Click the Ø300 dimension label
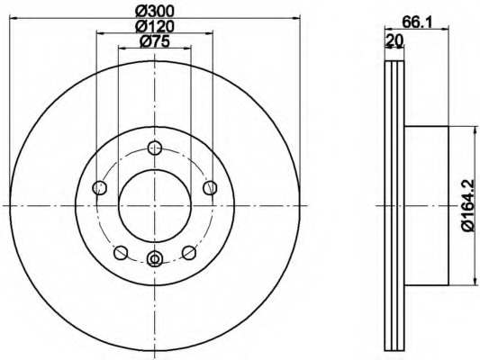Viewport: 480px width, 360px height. click(x=155, y=11)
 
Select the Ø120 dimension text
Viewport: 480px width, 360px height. click(x=155, y=26)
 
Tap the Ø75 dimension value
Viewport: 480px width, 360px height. click(x=155, y=41)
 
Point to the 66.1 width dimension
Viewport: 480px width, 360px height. click(x=417, y=22)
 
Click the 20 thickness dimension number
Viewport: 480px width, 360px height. click(x=395, y=40)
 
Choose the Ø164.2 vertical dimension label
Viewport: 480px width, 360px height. click(x=471, y=206)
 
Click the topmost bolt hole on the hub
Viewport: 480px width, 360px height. click(x=155, y=148)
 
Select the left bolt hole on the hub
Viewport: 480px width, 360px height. click(x=99, y=187)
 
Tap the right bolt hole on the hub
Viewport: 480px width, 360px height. click(x=210, y=187)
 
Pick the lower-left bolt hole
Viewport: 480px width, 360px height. click(x=121, y=253)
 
